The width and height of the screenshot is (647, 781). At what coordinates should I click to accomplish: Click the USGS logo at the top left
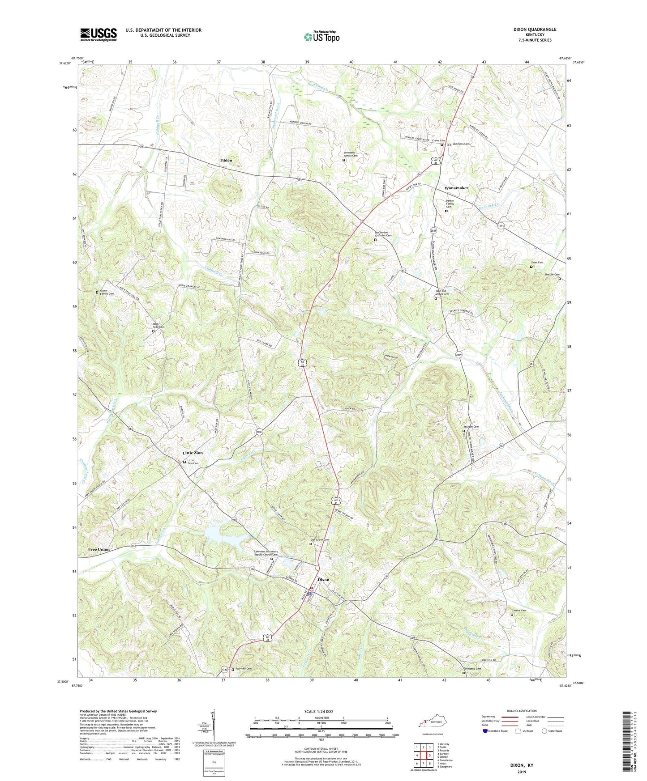coord(99,34)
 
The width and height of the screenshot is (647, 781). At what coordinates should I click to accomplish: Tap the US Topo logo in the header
coord(321,37)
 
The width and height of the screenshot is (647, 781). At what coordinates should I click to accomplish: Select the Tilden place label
coord(226,160)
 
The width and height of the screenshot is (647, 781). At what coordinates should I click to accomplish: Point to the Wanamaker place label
coord(456,188)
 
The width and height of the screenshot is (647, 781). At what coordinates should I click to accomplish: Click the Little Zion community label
coord(193,453)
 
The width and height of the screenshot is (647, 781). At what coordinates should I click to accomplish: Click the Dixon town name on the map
coord(323,580)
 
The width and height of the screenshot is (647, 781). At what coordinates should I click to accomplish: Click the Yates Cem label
coord(537,263)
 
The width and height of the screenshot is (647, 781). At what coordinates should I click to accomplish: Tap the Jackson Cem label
coord(471,427)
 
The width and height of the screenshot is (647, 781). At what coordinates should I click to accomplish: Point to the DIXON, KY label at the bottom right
coord(522,765)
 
